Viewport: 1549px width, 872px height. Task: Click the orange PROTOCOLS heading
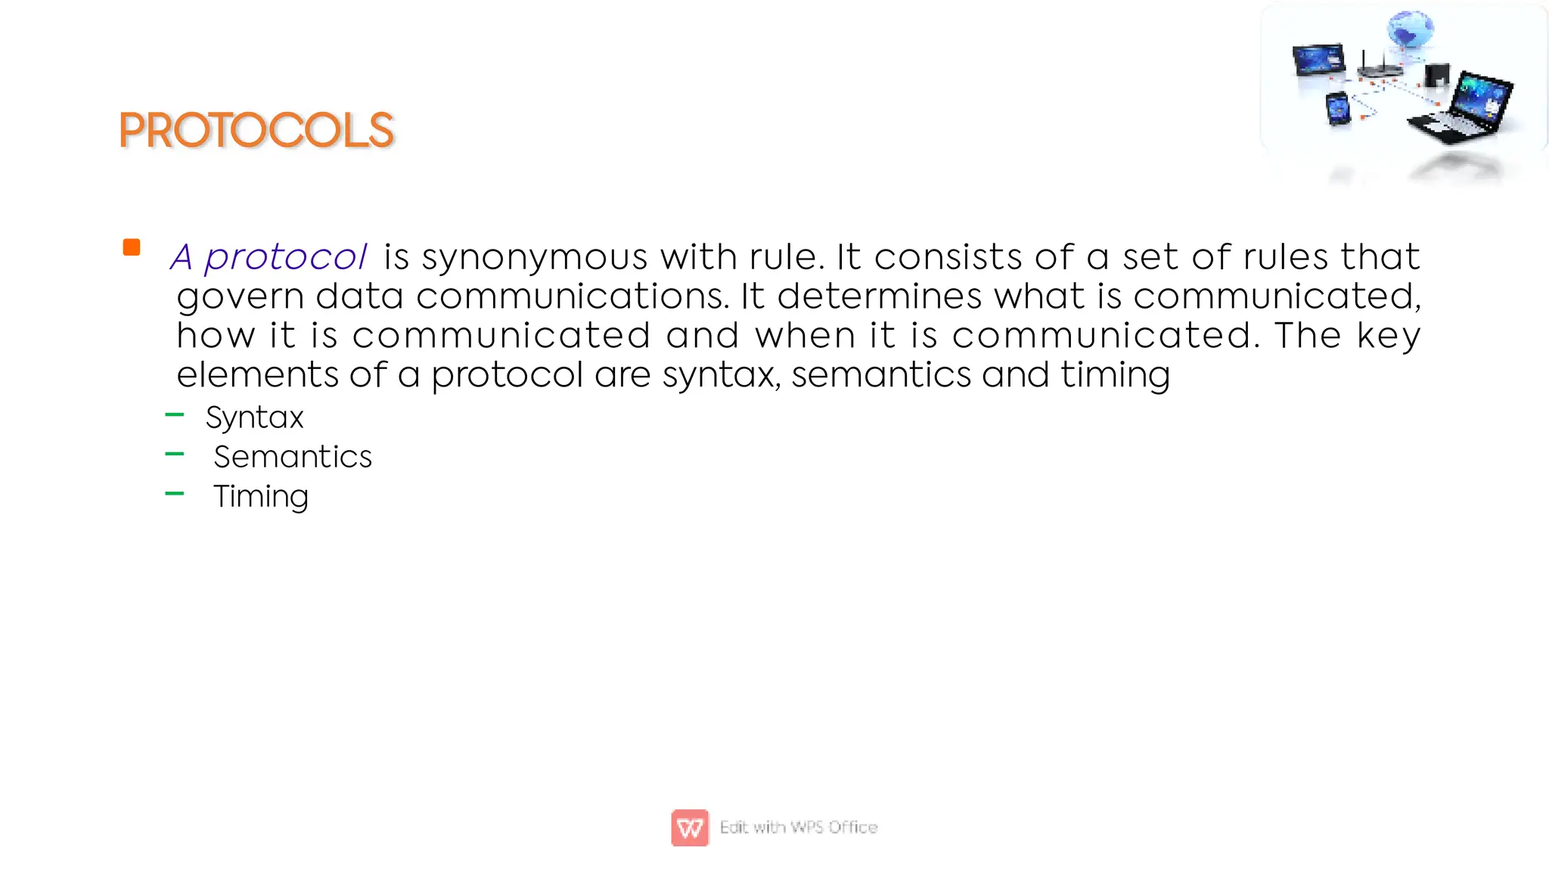tap(256, 130)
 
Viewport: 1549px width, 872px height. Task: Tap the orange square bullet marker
tap(132, 247)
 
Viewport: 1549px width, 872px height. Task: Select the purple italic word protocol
tap(285, 257)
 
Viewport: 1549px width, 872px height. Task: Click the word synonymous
tap(535, 257)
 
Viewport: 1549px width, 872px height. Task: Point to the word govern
tap(240, 296)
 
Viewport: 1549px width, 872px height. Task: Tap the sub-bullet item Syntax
tap(254, 417)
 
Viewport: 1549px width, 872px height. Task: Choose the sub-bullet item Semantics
tap(293, 457)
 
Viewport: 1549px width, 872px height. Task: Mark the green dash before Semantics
tap(175, 454)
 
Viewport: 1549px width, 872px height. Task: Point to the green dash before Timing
tap(175, 493)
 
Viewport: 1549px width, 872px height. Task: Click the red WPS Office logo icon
tap(690, 827)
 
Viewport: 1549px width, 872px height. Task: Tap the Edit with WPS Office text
tap(799, 827)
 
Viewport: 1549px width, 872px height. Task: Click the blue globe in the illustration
tap(1410, 30)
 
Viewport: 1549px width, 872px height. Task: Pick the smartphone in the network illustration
tap(1338, 109)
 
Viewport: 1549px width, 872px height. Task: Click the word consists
tap(948, 257)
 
